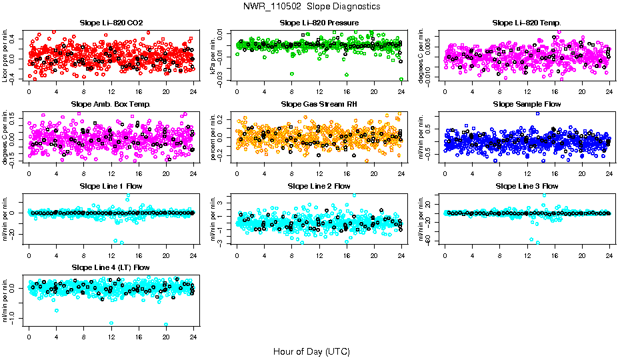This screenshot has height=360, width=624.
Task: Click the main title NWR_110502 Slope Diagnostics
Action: pos(312,6)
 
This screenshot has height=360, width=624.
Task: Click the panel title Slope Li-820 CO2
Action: pos(110,23)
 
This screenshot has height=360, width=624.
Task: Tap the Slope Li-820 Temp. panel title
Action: pos(527,23)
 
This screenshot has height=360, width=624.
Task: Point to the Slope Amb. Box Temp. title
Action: pos(110,105)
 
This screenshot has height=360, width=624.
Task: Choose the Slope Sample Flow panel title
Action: pos(527,105)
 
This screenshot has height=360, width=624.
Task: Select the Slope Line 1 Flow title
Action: pos(110,186)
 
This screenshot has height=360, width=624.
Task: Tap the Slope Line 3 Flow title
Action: pos(527,186)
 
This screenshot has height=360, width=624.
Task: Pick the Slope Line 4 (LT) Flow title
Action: pos(110,267)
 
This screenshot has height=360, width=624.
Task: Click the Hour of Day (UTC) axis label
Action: pos(311,351)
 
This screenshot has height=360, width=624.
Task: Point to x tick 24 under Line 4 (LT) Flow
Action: pos(194,337)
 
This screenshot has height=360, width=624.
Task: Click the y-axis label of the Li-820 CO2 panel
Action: pos(6,56)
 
